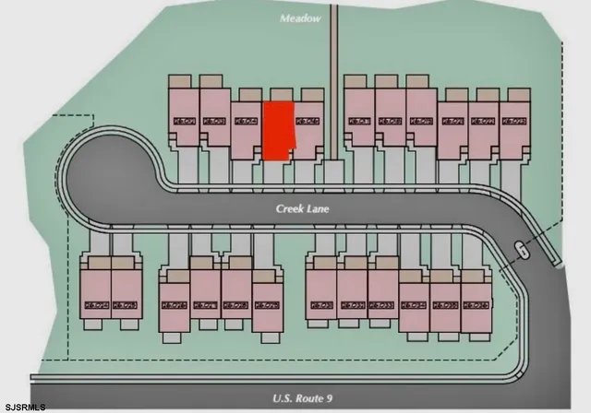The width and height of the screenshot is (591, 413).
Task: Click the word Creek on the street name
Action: pyautogui.click(x=291, y=209)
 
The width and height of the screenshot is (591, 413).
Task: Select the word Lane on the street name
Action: pyautogui.click(x=319, y=209)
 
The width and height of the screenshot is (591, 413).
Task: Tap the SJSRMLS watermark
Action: pyautogui.click(x=24, y=406)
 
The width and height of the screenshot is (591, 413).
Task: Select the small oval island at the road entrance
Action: pyautogui.click(x=522, y=249)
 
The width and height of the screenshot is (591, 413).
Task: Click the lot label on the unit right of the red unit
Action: pyautogui.click(x=307, y=120)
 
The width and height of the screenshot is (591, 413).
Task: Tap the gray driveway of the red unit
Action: pyautogui.click(x=276, y=170)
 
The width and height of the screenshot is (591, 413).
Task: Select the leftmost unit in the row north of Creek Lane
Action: pyautogui.click(x=185, y=114)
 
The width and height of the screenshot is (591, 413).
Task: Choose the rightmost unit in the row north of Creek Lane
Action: pyautogui.click(x=515, y=124)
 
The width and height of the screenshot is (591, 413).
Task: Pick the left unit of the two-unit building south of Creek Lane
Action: pyautogui.click(x=95, y=294)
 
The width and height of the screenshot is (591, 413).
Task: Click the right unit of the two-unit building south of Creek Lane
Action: pyautogui.click(x=126, y=294)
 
